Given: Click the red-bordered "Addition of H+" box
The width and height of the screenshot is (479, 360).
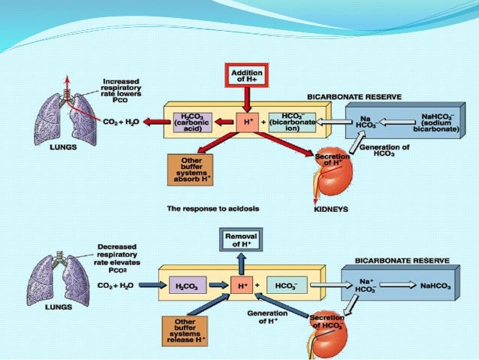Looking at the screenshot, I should (247, 75).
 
